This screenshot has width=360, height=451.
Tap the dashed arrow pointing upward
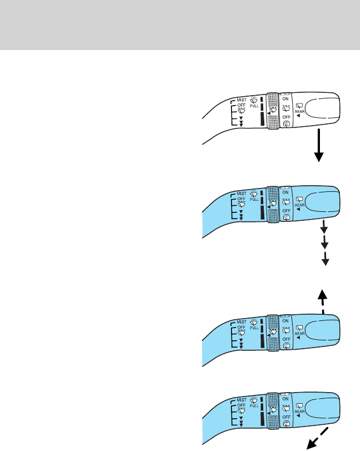point(322,301)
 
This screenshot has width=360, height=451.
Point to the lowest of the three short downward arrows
point(323,259)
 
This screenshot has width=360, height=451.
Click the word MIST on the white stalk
point(241,100)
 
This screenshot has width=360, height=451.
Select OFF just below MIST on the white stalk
point(241,106)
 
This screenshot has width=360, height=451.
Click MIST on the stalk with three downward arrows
point(241,195)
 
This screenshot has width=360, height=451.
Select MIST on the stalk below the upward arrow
point(241,321)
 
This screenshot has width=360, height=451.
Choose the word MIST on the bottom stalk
point(241,400)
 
